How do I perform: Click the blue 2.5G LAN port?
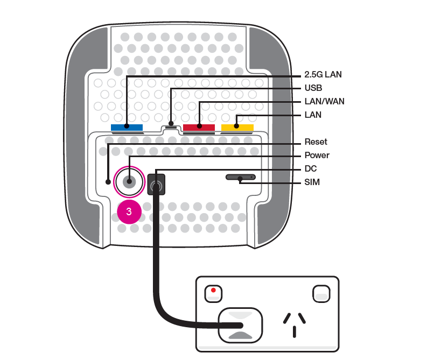[x=127, y=128]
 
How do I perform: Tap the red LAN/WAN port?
[x=199, y=128]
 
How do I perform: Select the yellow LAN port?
[x=237, y=128]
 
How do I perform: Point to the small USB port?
[x=171, y=127]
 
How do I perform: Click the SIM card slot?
[x=240, y=177]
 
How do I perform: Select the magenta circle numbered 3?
[x=129, y=211]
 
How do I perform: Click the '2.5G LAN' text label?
[x=323, y=75]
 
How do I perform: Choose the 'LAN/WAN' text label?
[x=324, y=101]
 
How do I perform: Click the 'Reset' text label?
[x=316, y=142]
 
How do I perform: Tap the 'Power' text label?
[x=317, y=156]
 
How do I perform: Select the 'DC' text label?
[x=310, y=169]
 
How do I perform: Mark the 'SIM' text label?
[x=312, y=182]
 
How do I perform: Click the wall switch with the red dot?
[x=214, y=293]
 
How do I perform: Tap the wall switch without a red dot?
[x=320, y=293]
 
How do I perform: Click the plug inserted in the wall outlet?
[x=240, y=325]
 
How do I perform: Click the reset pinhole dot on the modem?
[x=108, y=181]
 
